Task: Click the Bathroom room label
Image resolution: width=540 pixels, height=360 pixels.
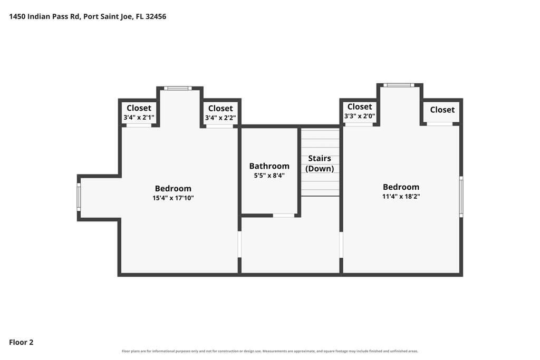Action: pos(269,166)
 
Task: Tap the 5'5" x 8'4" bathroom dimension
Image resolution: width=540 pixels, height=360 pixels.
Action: pos(269,176)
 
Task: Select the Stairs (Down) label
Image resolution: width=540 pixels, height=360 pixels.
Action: pos(320,163)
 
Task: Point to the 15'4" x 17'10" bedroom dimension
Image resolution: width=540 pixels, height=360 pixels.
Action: pos(173,198)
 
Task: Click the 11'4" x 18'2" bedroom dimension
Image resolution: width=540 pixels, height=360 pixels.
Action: pos(401,197)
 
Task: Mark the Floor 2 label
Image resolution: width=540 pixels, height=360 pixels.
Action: pos(21,342)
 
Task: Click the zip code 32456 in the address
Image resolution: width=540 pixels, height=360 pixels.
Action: pos(156,16)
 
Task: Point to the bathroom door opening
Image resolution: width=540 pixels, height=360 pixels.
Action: pos(284,216)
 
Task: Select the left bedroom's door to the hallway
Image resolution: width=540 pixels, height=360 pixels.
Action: pos(239,244)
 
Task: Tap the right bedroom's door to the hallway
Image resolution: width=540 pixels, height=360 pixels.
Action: pos(341,245)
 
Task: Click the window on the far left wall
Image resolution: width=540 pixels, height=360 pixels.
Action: pos(79,197)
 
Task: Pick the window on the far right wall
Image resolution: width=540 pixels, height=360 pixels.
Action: pos(461,197)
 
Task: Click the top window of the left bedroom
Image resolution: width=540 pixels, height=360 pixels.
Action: pos(178,88)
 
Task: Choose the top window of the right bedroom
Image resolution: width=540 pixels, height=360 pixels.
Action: pos(399,85)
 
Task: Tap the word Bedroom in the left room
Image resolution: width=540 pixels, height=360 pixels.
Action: pos(173,189)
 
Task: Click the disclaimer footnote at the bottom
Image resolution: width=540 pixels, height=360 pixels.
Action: pos(270,351)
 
